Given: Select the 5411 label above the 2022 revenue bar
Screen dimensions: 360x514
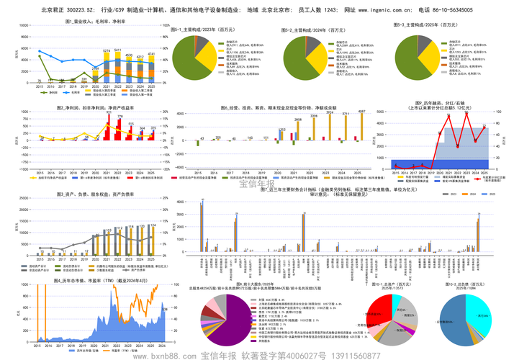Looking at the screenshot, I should [x=107, y=50].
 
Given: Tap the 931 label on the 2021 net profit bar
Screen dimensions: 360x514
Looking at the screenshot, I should [x=109, y=112].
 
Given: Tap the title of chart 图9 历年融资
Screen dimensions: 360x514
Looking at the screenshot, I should [x=438, y=105].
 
